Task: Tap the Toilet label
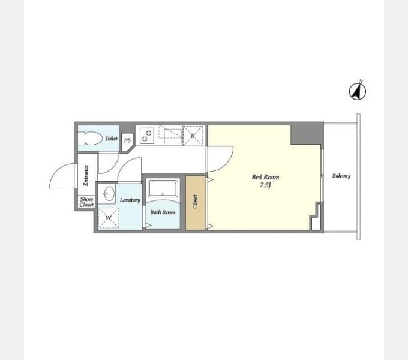(x=111, y=139)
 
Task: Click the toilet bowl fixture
(x=90, y=139)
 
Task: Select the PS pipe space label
(x=127, y=140)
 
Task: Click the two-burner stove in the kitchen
(x=147, y=136)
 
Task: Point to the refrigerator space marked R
(x=193, y=136)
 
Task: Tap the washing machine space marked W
(x=109, y=218)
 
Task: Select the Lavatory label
(x=130, y=200)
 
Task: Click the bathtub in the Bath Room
(x=163, y=188)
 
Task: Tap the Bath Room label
(x=163, y=212)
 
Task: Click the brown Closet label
(x=196, y=202)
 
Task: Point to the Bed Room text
(x=265, y=177)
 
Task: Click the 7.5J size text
(x=265, y=185)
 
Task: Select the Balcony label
(x=341, y=176)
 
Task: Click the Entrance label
(x=86, y=175)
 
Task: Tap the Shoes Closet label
(x=86, y=202)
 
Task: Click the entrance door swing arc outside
(x=55, y=172)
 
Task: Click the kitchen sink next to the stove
(x=173, y=136)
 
